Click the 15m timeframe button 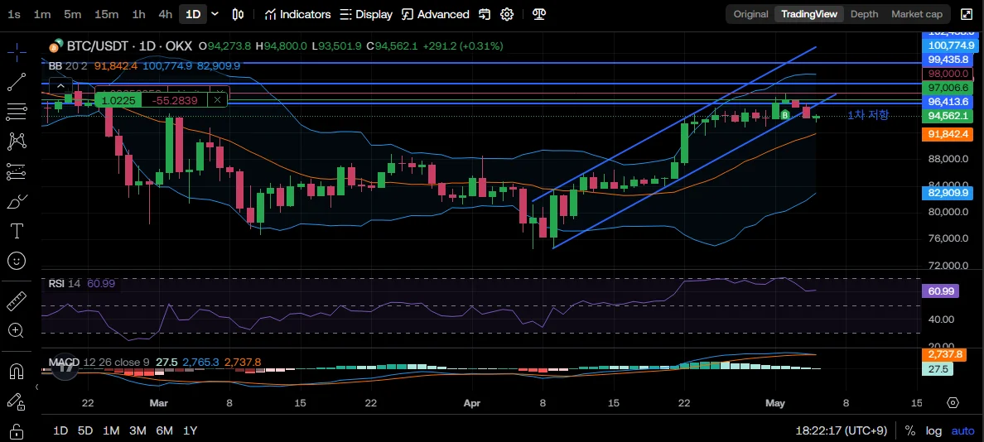[106, 14]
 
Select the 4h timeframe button [166, 14]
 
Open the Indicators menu [297, 14]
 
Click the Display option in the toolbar [366, 14]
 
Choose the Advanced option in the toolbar [436, 14]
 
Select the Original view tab [750, 14]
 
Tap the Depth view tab [864, 14]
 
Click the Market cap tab [916, 14]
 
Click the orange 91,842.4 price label [948, 133]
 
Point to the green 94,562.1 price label [948, 116]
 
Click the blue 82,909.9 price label [948, 193]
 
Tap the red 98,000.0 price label [948, 74]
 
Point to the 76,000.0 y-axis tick [948, 238]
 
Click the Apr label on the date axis [473, 403]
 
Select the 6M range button [164, 430]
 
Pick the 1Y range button [191, 430]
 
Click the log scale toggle [933, 430]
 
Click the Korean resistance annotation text [867, 114]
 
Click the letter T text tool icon [16, 230]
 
